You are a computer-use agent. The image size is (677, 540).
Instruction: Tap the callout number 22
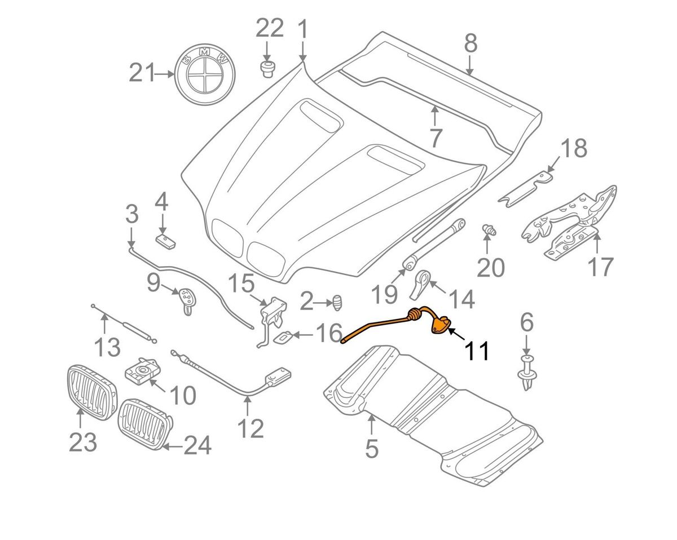tap(270, 28)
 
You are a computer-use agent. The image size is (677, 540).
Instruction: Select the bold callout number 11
tap(477, 350)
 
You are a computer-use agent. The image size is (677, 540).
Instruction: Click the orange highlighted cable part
tap(395, 325)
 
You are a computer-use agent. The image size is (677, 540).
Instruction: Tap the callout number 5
tap(371, 449)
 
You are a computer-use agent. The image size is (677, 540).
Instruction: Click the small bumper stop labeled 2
tap(337, 302)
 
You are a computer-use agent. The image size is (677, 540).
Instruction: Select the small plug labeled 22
tap(267, 70)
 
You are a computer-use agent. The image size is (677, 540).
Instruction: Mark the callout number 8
tap(471, 43)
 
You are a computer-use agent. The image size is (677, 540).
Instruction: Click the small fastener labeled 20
tap(489, 231)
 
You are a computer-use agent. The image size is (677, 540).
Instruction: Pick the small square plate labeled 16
tap(283, 337)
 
